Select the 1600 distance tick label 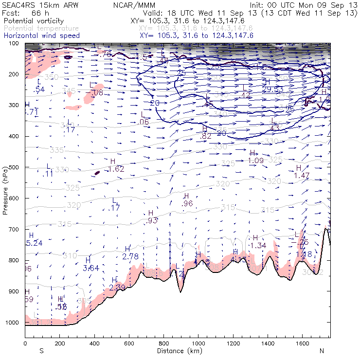pos(302,343)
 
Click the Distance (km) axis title pos(177,350)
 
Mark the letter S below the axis pos(42,350)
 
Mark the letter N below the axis pos(322,350)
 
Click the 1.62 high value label pos(116,169)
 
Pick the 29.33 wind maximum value pos(272,90)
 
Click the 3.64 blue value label pos(91,268)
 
